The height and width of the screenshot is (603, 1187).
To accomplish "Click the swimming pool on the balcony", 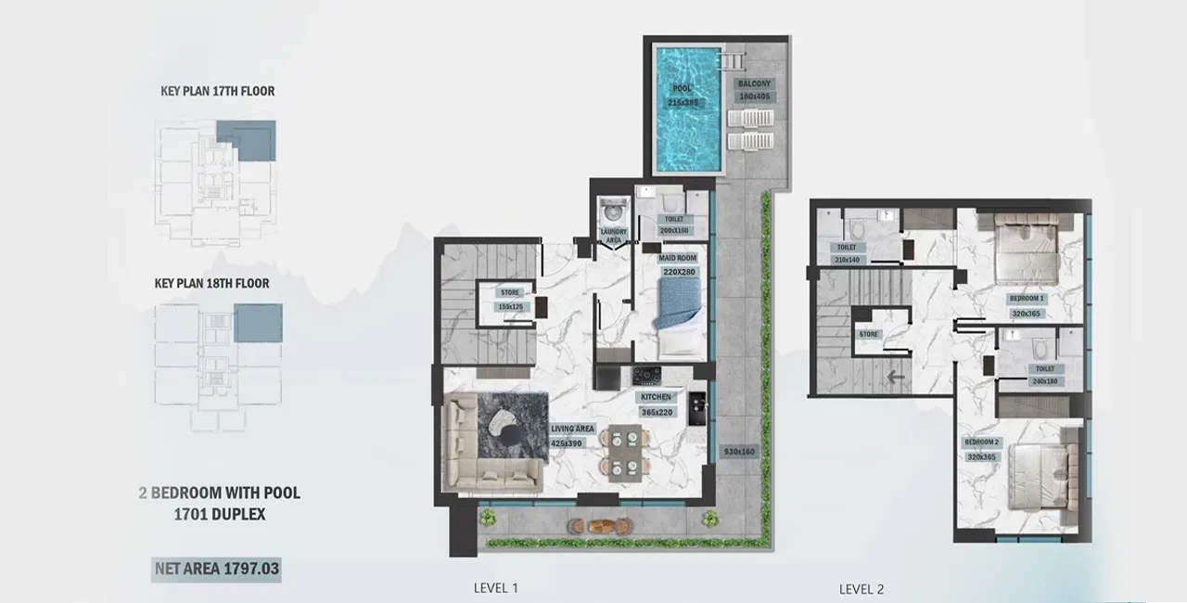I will tap(688, 109).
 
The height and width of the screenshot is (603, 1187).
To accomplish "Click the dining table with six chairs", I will tap(623, 452).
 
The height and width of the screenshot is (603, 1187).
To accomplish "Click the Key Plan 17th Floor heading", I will tap(217, 91).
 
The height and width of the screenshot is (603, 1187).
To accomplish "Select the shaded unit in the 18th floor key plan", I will tap(258, 323).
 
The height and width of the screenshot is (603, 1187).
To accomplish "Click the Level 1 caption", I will tap(495, 587).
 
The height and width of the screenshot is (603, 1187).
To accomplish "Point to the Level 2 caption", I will tap(861, 588).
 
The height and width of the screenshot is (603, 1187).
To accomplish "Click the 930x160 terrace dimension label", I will tap(740, 451).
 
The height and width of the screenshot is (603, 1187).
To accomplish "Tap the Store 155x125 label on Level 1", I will tap(510, 299).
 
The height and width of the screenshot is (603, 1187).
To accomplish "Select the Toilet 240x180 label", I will tap(1045, 374).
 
